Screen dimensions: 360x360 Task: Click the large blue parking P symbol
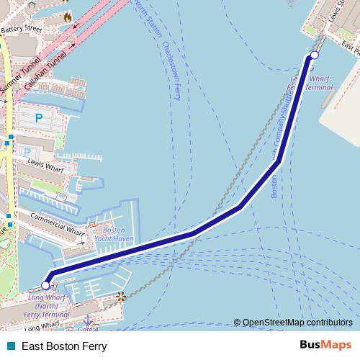pyautogui.click(x=39, y=117)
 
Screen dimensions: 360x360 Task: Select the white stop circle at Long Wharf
pyautogui.click(x=46, y=286)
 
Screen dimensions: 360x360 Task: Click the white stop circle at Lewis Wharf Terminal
pyautogui.click(x=314, y=55)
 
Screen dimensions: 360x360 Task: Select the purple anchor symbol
pyautogui.click(x=88, y=319)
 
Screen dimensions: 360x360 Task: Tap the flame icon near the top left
pyautogui.click(x=68, y=16)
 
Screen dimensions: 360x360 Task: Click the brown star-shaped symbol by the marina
pyautogui.click(x=121, y=296)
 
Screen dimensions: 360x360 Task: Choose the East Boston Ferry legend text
pyautogui.click(x=64, y=346)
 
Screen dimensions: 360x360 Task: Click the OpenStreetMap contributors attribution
pyautogui.click(x=297, y=323)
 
